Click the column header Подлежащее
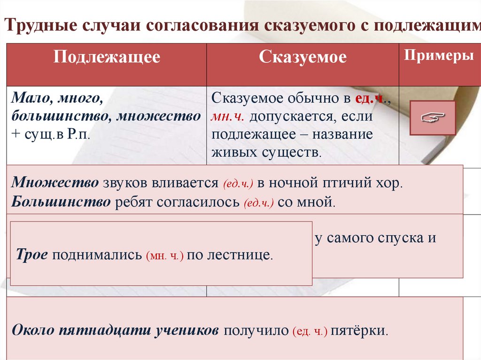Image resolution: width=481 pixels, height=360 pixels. coord(107,57)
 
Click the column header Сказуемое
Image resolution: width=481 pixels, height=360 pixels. coord(303,57)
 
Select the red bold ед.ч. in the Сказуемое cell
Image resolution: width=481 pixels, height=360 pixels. coord(369,99)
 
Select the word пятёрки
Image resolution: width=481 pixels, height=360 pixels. coord(359,330)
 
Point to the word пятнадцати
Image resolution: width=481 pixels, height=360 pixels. coord(104,330)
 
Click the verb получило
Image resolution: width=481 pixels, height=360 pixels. coord(256,330)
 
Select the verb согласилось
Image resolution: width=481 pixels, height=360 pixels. coord(209,202)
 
